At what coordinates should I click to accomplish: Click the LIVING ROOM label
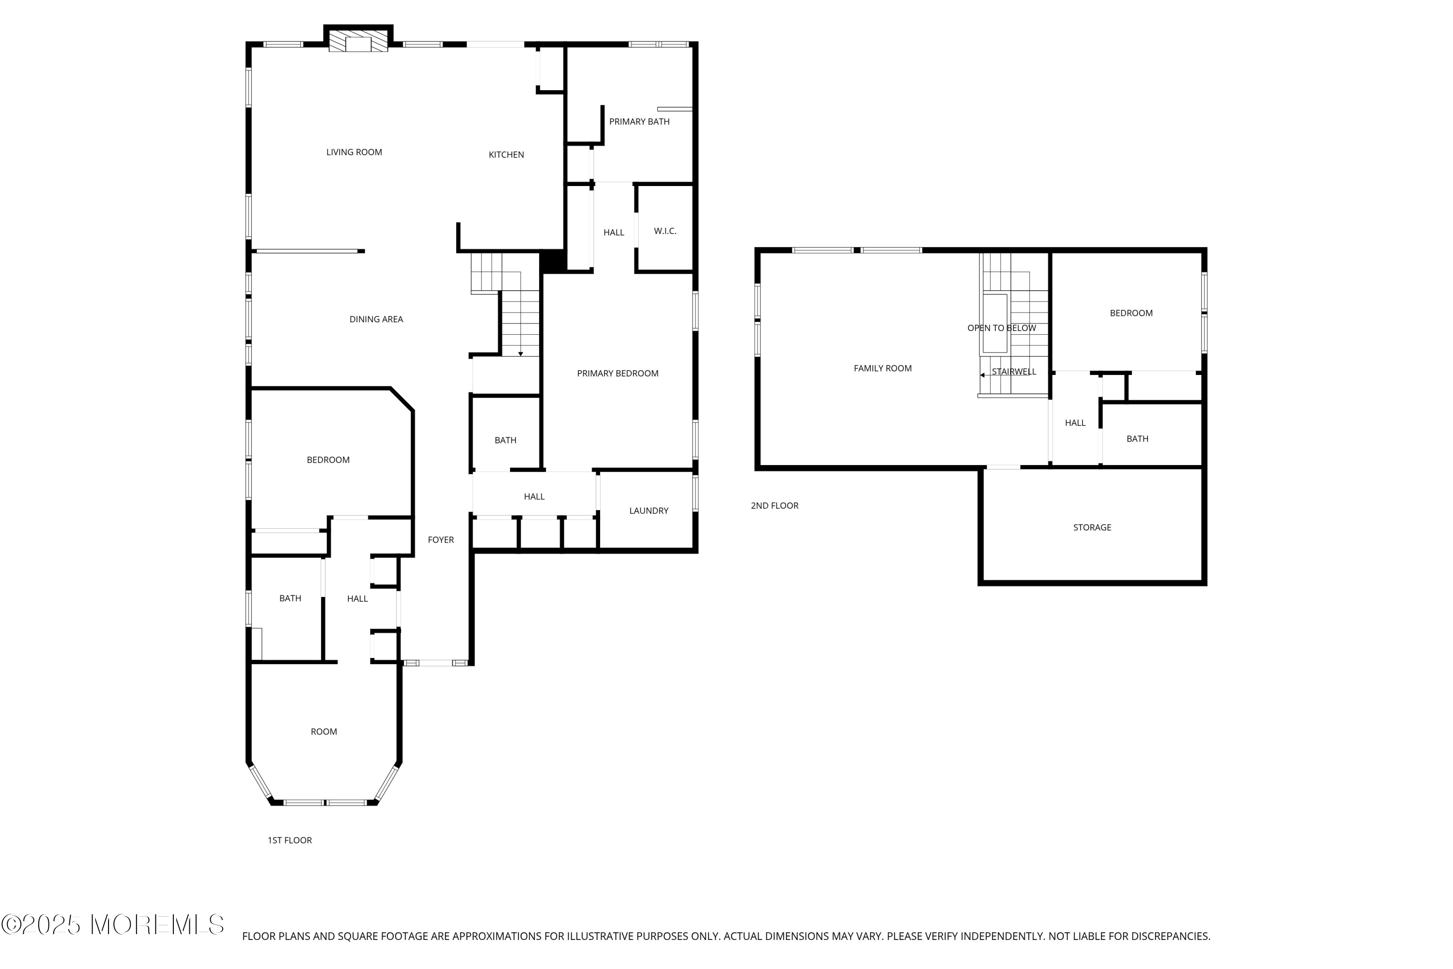pyautogui.click(x=354, y=152)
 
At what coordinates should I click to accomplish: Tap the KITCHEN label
pyautogui.click(x=506, y=155)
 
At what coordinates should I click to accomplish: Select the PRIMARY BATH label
pyautogui.click(x=639, y=122)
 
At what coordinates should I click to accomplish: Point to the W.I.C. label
pyautogui.click(x=665, y=231)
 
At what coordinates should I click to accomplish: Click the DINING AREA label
pyautogui.click(x=376, y=319)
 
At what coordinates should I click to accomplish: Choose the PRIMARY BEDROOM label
pyautogui.click(x=618, y=373)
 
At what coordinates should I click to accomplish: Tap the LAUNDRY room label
pyautogui.click(x=649, y=511)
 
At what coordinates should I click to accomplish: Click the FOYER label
pyautogui.click(x=441, y=540)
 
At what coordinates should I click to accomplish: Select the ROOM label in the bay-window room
pyautogui.click(x=324, y=732)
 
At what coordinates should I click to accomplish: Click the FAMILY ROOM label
pyautogui.click(x=883, y=368)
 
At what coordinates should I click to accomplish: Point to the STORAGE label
pyautogui.click(x=1092, y=527)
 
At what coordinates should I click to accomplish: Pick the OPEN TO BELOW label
pyautogui.click(x=1002, y=328)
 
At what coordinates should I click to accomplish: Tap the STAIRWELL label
pyautogui.click(x=1014, y=372)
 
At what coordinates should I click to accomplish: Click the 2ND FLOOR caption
pyautogui.click(x=774, y=505)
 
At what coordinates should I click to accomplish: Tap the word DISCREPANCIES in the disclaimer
pyautogui.click(x=1161, y=936)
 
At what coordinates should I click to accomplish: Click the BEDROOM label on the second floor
pyautogui.click(x=1131, y=313)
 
